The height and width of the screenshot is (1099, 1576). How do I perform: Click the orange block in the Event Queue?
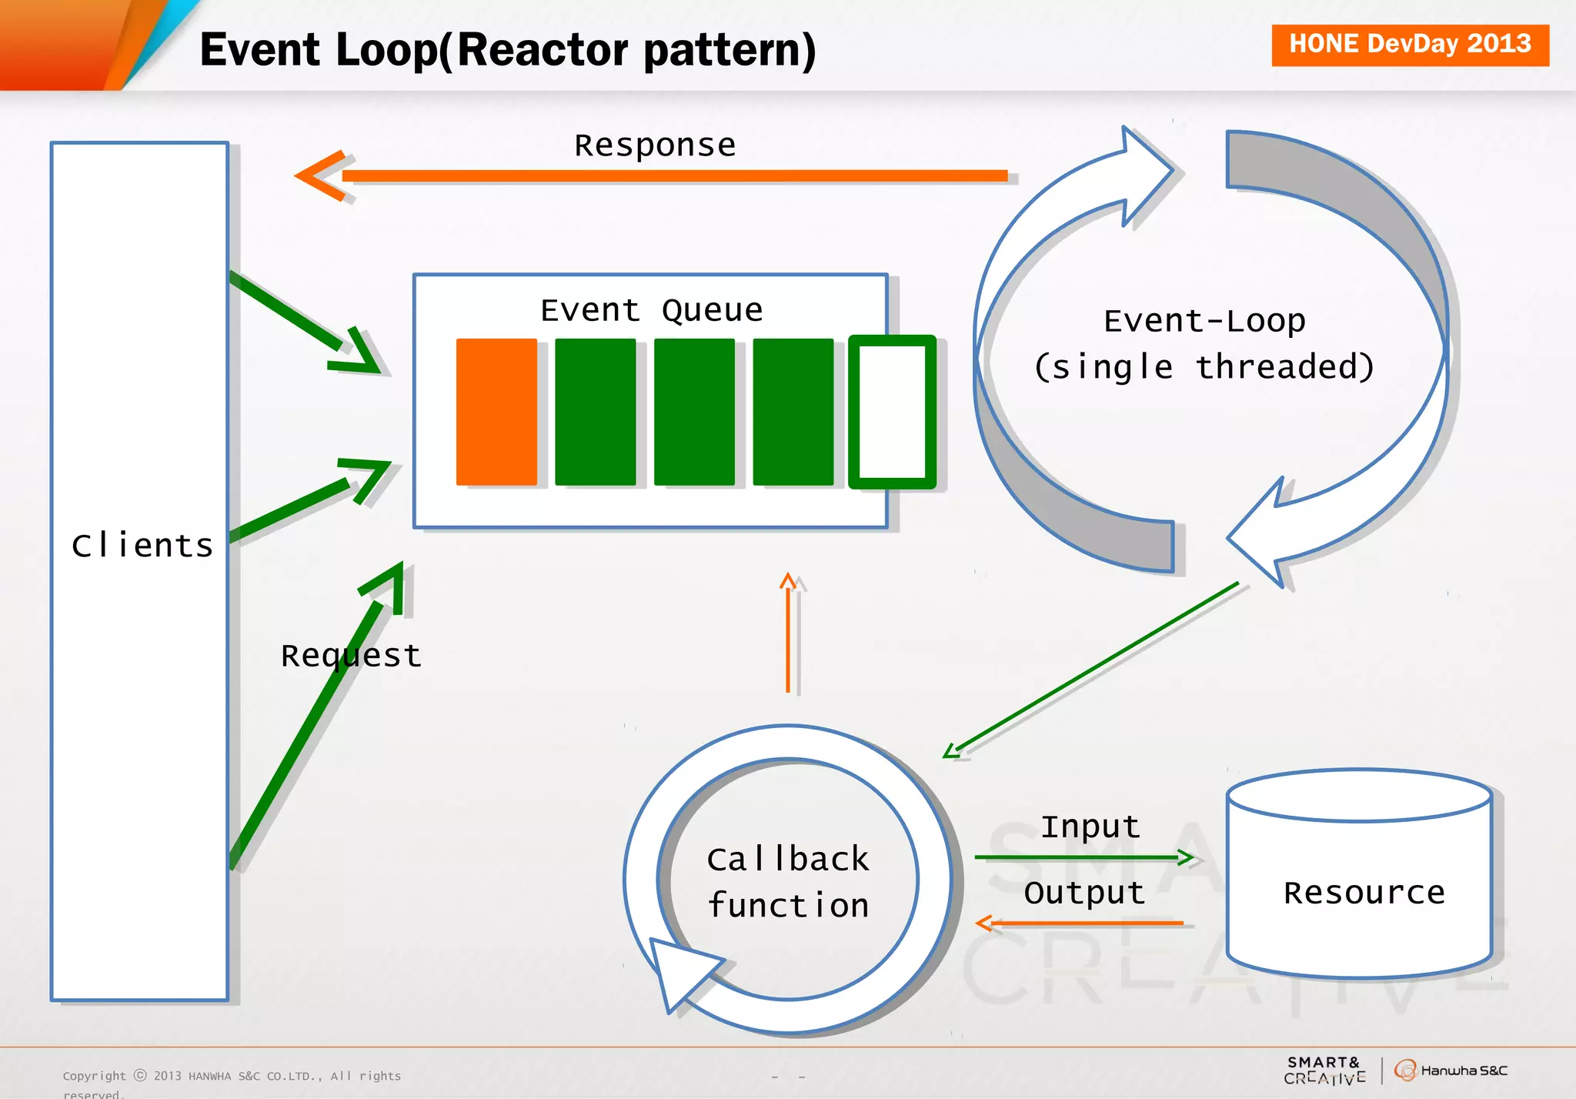(x=496, y=412)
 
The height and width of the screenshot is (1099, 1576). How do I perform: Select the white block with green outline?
(x=892, y=412)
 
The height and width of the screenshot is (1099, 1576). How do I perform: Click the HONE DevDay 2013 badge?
(x=1410, y=45)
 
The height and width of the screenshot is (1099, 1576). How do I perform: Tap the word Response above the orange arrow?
(x=655, y=145)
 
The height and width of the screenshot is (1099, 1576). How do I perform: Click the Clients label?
(x=142, y=546)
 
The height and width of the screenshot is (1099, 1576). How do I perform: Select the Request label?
(x=351, y=656)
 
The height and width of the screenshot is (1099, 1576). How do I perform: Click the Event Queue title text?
(x=651, y=310)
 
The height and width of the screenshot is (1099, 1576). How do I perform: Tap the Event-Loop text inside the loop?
(x=1204, y=321)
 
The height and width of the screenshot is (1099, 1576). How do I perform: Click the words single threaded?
(x=1204, y=367)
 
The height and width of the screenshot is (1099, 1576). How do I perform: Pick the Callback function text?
(x=788, y=882)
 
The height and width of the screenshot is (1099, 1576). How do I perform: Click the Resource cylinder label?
(x=1364, y=893)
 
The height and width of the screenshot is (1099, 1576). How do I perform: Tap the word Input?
(x=1090, y=827)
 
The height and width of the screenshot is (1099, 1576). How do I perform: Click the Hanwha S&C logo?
(x=1451, y=1071)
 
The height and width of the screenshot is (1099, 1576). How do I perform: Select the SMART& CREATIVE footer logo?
(x=1324, y=1071)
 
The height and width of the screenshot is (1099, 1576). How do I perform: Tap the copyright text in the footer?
(x=231, y=1077)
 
